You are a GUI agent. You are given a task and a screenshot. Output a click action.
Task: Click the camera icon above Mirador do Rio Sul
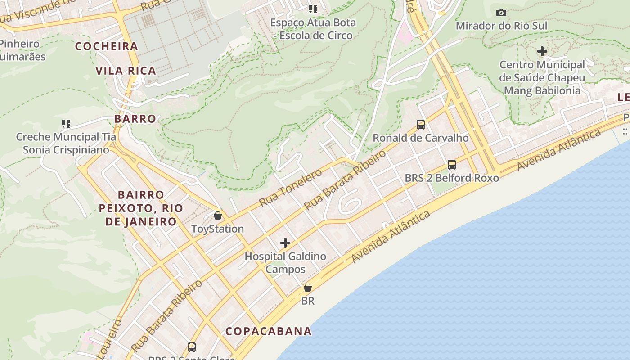[x=501, y=13]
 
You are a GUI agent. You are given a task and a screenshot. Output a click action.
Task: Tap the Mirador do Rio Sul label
[x=501, y=26]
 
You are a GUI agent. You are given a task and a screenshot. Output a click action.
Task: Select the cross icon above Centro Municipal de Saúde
[x=542, y=51]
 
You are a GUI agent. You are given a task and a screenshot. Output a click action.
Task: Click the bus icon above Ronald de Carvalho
[x=421, y=125]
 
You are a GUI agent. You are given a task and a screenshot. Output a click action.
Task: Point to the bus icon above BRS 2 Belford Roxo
[x=452, y=165]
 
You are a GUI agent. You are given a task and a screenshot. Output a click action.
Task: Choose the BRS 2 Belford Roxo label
[x=452, y=178]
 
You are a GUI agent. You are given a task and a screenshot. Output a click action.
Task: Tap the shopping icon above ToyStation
[x=218, y=216]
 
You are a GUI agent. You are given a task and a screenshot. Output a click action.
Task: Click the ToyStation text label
[x=218, y=229]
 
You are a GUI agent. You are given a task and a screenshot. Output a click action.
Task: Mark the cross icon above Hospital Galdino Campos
[x=285, y=243]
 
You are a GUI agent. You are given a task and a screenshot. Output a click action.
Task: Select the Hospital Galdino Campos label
[x=285, y=263]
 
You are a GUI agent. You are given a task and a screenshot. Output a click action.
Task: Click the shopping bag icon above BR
[x=308, y=288]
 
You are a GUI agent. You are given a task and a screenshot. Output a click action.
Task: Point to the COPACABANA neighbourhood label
[x=269, y=331]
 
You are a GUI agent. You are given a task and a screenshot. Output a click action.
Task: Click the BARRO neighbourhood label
[x=135, y=119]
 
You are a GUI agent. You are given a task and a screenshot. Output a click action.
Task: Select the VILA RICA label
[x=126, y=71]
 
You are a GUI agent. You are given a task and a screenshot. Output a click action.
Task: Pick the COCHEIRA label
[x=107, y=46]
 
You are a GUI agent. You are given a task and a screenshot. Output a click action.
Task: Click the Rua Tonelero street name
[x=291, y=188]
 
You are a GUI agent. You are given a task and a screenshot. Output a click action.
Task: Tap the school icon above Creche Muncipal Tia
[x=66, y=123]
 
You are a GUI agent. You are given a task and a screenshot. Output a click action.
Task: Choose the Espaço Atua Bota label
[x=313, y=29]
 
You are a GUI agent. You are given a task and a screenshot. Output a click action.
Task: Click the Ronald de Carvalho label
[x=421, y=138]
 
